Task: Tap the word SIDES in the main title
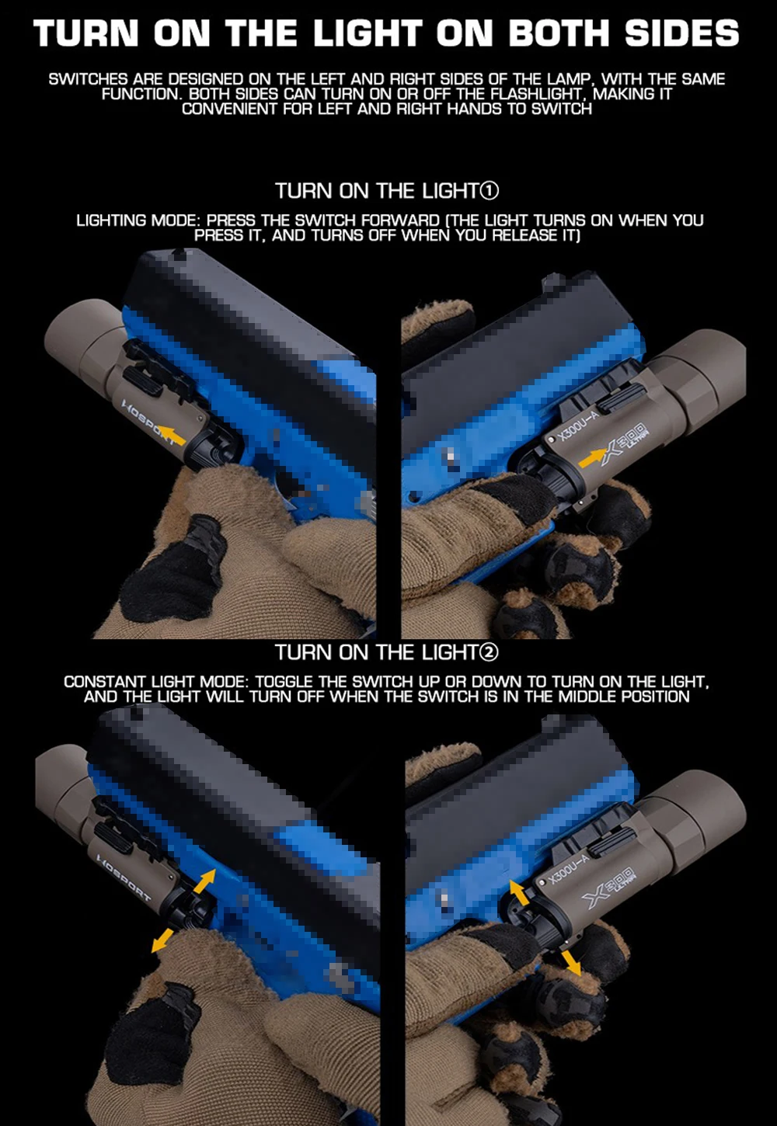tap(682, 33)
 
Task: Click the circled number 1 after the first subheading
tap(490, 191)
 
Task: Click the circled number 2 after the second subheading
tap(490, 652)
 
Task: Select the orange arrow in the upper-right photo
tap(593, 458)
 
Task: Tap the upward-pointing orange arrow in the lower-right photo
tap(519, 893)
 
